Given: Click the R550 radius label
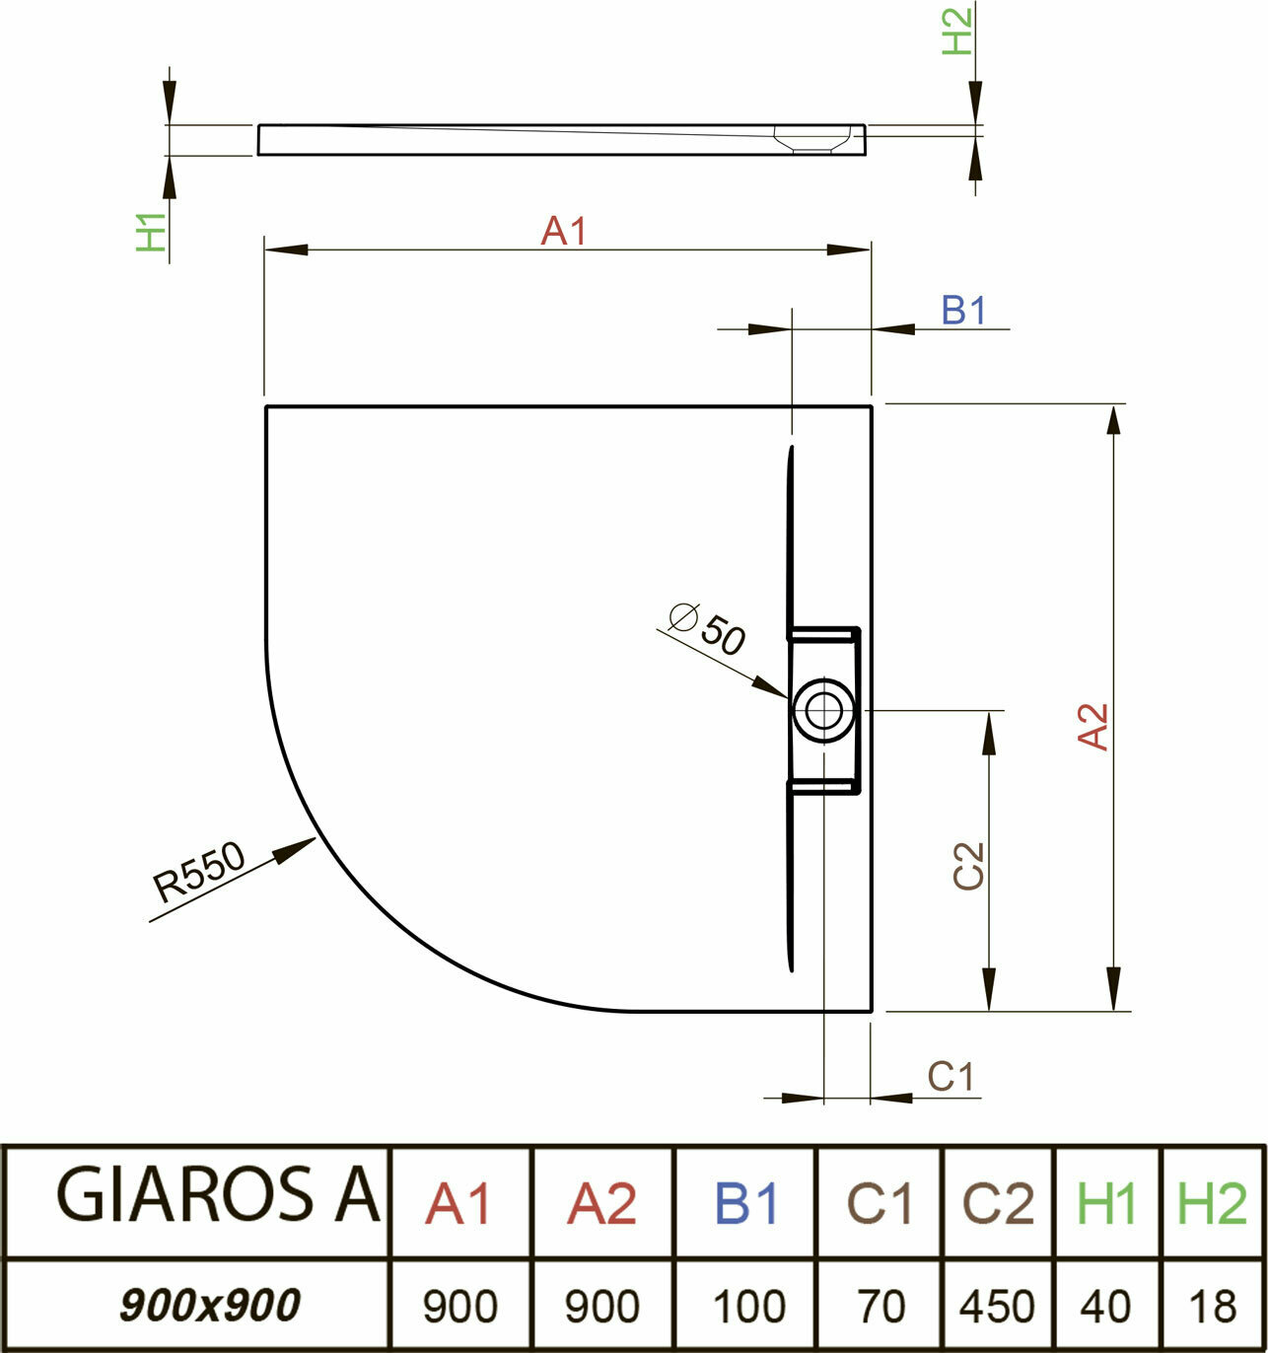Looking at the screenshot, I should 198,873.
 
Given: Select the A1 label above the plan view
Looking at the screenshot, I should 564,232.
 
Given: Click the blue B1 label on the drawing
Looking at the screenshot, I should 963,311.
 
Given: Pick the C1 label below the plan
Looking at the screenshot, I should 951,1076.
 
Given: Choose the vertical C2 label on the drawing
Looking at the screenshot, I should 969,866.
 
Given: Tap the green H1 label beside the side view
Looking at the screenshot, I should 151,233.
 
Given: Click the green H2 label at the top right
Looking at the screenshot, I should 956,30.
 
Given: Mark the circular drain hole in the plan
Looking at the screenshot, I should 823,709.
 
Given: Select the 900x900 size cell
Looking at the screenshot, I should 209,1306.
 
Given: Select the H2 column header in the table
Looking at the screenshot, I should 1213,1202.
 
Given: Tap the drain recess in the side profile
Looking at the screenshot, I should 813,138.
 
